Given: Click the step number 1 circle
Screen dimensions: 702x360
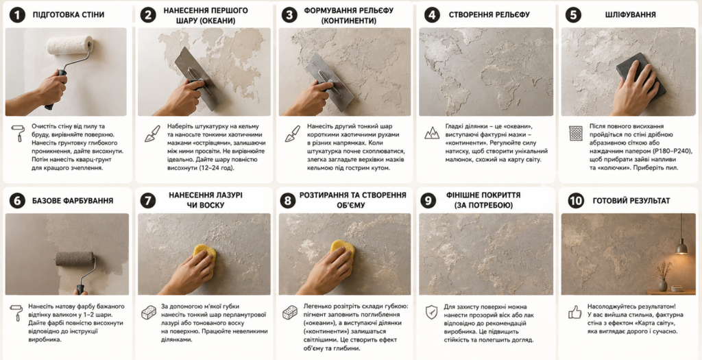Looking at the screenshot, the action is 16,15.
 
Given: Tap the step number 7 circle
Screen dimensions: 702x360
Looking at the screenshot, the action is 148,200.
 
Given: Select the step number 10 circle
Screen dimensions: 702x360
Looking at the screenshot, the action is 576,201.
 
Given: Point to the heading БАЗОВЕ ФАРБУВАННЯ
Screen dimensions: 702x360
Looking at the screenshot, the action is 73,201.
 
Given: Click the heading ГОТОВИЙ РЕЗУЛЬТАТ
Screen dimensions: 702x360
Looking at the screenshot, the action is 631,201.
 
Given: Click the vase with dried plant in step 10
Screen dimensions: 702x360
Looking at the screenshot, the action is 663,277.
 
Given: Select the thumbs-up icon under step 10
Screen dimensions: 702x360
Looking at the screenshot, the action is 575,312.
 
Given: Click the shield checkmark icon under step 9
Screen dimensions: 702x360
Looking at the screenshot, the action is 432,311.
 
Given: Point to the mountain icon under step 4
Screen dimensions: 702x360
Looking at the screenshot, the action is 432,132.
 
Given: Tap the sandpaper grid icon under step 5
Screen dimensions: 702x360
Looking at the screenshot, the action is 575,133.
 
